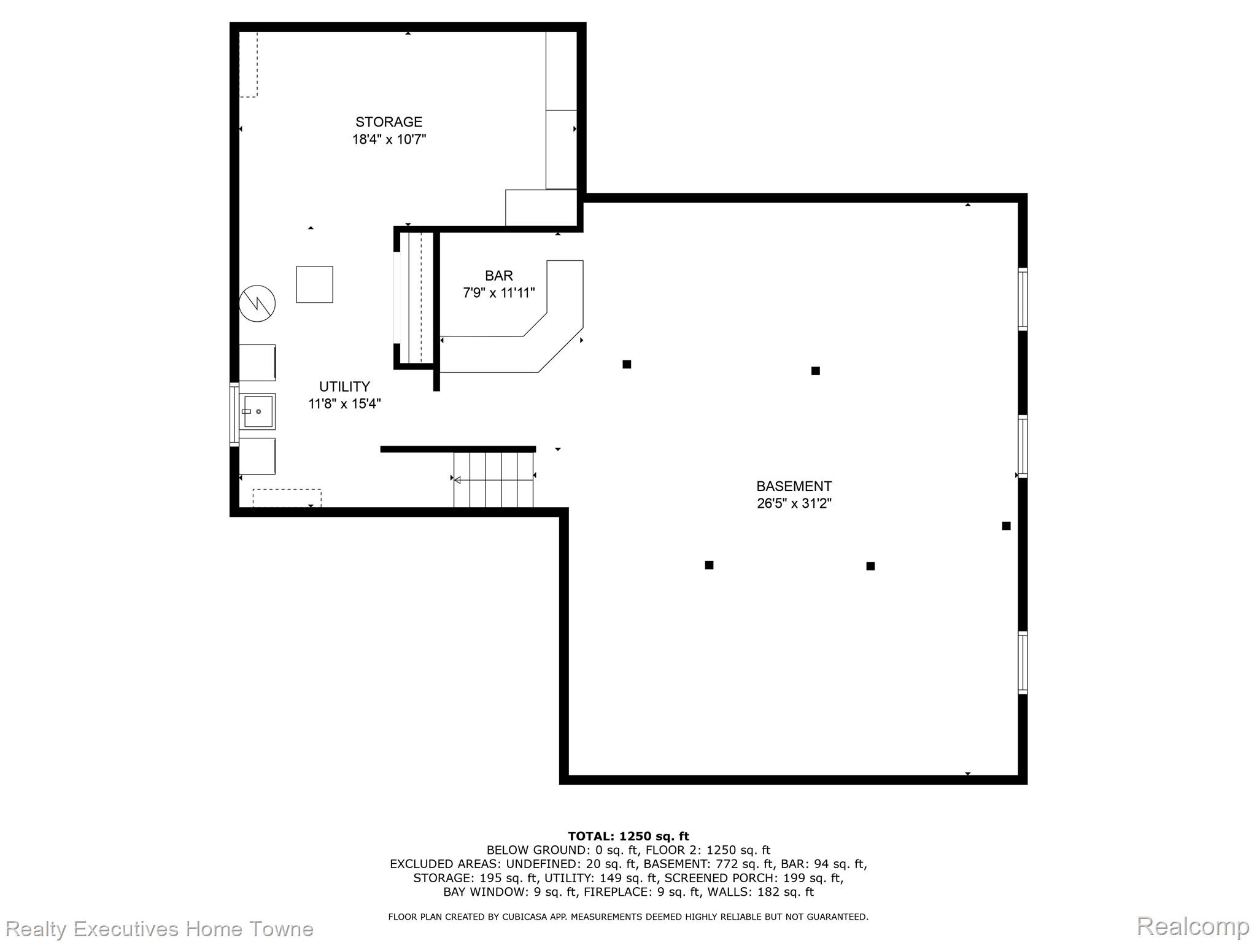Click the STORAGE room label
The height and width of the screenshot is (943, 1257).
[x=389, y=122]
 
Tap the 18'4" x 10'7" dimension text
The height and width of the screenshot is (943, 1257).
[x=389, y=139]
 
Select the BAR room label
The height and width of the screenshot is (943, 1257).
[x=498, y=276]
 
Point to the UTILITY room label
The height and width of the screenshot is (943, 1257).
[x=344, y=386]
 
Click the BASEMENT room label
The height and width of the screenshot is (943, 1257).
[x=794, y=486]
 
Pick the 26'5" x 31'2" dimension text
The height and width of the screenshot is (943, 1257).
[x=794, y=503]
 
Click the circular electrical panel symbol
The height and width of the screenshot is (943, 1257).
[x=257, y=303]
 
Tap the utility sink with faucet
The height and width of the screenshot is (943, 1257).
[x=257, y=411]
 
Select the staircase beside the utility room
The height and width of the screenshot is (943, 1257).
[x=493, y=479]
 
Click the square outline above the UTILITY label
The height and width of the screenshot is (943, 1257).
[x=314, y=284]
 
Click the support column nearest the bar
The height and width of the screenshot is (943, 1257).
[x=627, y=364]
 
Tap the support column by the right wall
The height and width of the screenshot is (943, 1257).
[x=1006, y=526]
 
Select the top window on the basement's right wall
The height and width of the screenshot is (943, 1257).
[x=1023, y=299]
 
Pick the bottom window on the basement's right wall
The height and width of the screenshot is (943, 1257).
[x=1023, y=662]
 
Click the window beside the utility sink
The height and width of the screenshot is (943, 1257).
[x=234, y=413]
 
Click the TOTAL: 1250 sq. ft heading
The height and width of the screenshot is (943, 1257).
[x=628, y=836]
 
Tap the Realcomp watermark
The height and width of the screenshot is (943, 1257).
[x=1193, y=926]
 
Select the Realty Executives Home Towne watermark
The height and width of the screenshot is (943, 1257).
[x=160, y=929]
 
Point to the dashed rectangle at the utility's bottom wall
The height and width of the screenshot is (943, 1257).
[x=287, y=498]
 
